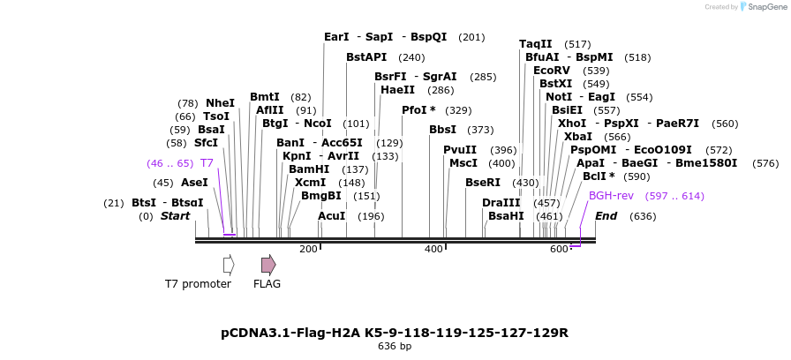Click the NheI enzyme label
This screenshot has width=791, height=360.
click(220, 103)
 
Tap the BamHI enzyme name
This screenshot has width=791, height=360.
click(309, 169)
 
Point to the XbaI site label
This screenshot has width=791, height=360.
click(578, 137)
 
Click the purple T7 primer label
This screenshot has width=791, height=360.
click(207, 163)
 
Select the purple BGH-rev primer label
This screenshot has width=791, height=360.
click(611, 196)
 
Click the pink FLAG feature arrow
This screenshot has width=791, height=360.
click(268, 265)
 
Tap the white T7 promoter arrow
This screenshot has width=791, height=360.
click(229, 265)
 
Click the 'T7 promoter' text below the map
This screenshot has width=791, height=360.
click(198, 284)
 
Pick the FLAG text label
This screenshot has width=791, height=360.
click(267, 284)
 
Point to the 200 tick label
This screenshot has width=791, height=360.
click(308, 250)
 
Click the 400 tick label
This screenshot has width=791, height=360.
click(433, 250)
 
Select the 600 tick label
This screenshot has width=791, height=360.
click(559, 250)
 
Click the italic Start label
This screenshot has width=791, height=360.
click(175, 216)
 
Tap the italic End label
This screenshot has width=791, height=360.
click(606, 216)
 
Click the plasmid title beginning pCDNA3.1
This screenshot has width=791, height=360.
click(395, 333)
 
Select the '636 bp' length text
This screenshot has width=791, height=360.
click(395, 347)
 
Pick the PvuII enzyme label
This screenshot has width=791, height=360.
click(459, 150)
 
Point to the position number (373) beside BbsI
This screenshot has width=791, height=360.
click(480, 130)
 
